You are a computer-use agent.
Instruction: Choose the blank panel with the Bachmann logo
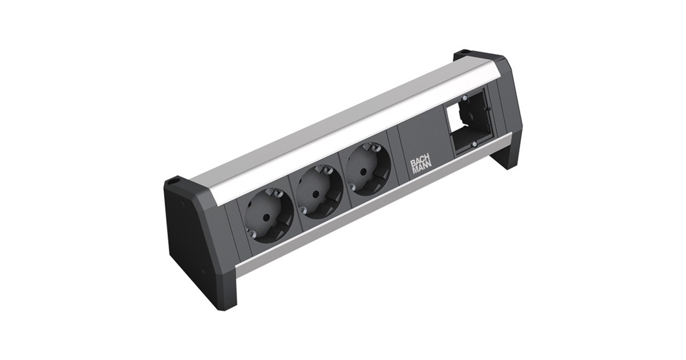point(421,154)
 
